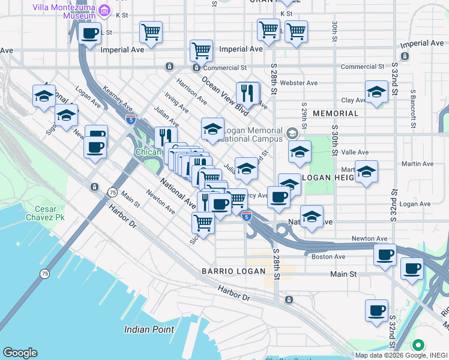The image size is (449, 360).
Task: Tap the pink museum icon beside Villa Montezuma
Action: (x=105, y=10)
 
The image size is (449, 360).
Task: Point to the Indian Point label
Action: (x=149, y=329)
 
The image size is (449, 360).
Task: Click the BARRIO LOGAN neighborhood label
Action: (x=234, y=271)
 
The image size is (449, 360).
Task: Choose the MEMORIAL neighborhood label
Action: (x=335, y=113)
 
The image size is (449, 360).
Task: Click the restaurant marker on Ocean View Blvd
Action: (x=248, y=93)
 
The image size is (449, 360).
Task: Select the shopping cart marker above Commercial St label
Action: (x=202, y=50)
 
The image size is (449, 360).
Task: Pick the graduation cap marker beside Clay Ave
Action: (x=376, y=92)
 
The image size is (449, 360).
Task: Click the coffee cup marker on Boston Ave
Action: (x=385, y=254)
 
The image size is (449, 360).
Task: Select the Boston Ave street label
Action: (x=328, y=257)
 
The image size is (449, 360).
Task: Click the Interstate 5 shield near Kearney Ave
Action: (x=130, y=119)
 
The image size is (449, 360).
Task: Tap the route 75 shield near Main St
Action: (x=112, y=191)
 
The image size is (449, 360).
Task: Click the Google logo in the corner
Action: (x=20, y=353)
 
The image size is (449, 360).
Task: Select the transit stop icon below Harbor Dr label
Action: (x=289, y=299)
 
